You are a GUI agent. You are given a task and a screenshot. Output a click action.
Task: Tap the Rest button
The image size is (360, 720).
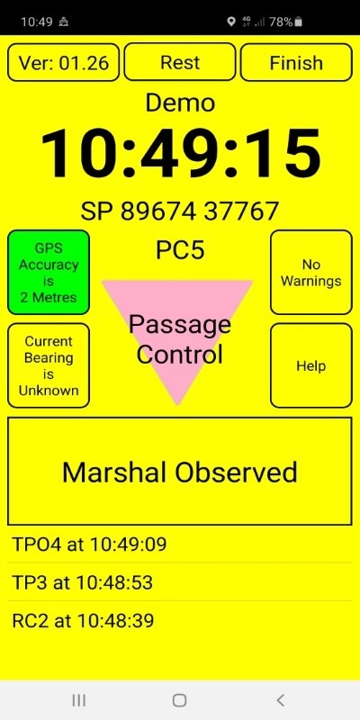pyautogui.click(x=179, y=62)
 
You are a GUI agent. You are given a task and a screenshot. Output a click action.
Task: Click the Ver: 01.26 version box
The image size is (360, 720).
pyautogui.click(x=64, y=62)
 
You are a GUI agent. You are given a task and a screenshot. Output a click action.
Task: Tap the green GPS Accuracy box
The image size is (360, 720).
pyautogui.click(x=49, y=273)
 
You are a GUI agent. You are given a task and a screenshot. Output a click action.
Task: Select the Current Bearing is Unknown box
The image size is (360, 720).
pyautogui.click(x=49, y=365)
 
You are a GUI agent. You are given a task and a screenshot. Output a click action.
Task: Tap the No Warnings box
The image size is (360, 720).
pyautogui.click(x=310, y=273)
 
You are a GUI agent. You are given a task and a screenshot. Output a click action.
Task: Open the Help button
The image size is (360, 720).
pyautogui.click(x=310, y=365)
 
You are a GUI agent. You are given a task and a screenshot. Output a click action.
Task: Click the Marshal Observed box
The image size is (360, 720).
pyautogui.click(x=179, y=471)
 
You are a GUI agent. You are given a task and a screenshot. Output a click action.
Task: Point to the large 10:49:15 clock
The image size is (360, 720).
pyautogui.click(x=181, y=154)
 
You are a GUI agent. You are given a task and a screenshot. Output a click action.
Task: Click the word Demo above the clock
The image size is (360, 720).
pyautogui.click(x=180, y=103)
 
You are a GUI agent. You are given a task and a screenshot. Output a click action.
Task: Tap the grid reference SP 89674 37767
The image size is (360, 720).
pyautogui.click(x=179, y=211)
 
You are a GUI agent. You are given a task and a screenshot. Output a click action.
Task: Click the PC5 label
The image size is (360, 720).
pyautogui.click(x=180, y=250)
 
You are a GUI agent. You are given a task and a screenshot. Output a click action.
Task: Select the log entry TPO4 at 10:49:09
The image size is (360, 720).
pyautogui.click(x=89, y=544)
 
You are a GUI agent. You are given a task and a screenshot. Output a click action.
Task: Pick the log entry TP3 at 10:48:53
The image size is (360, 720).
pyautogui.click(x=82, y=582)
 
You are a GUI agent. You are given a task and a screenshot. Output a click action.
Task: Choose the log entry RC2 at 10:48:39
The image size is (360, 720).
pyautogui.click(x=83, y=621)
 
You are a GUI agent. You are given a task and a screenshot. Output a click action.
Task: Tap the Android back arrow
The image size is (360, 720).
pyautogui.click(x=280, y=700)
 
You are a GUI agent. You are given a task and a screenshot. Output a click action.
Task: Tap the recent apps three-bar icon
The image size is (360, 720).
pyautogui.click(x=79, y=700)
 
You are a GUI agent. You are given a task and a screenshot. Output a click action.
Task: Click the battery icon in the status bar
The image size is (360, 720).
pyautogui.click(x=299, y=22)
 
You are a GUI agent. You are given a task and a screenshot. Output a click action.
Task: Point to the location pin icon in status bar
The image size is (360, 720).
pyautogui.click(x=231, y=22)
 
